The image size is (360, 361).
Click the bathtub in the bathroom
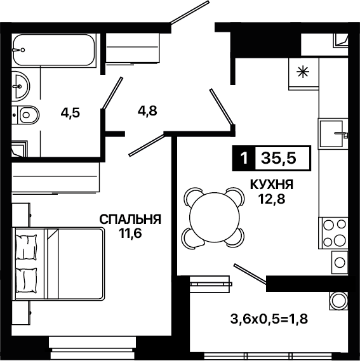[54, 50]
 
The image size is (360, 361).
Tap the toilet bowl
[28, 115]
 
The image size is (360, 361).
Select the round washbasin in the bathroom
[20, 86]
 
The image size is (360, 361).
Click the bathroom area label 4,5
[70, 113]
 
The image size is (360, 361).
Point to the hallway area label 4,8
[147, 111]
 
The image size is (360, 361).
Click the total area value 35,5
[278, 158]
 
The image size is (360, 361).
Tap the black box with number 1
[244, 158]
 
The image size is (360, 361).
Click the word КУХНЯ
[272, 185]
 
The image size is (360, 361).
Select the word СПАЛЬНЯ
[130, 220]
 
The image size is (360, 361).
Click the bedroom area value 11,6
[130, 233]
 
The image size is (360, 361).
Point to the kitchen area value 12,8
[272, 199]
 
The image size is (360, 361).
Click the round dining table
[215, 218]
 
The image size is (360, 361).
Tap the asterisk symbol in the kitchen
[303, 72]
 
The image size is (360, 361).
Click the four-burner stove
[333, 233]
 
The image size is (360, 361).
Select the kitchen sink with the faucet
[333, 133]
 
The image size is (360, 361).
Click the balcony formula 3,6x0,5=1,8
[269, 319]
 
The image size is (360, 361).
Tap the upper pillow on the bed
[26, 247]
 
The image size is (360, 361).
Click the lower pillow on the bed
[26, 280]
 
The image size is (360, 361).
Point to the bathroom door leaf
[112, 93]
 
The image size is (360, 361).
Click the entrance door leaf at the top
[190, 12]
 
